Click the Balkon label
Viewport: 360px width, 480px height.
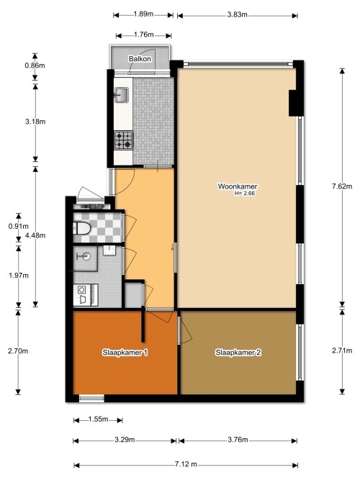click(x=140, y=59)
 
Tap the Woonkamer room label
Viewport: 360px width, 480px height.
click(x=238, y=186)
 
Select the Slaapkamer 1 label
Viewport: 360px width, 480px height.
click(x=125, y=353)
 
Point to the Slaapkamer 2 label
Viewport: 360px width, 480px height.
click(x=238, y=353)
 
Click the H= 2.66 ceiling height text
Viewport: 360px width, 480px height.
click(x=245, y=193)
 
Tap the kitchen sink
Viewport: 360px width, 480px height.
click(x=122, y=95)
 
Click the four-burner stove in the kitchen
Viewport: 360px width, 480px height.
click(x=123, y=140)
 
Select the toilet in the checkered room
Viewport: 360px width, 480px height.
click(x=82, y=228)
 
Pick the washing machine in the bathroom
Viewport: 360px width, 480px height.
click(x=82, y=295)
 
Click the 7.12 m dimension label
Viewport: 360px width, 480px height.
click(x=186, y=464)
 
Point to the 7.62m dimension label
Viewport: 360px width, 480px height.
click(x=342, y=186)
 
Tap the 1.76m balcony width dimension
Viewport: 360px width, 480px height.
click(x=144, y=35)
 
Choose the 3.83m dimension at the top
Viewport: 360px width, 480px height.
click(x=238, y=14)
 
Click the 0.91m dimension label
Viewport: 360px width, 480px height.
click(x=19, y=226)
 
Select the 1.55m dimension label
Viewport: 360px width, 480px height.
click(x=98, y=419)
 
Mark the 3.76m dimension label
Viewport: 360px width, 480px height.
click(x=238, y=440)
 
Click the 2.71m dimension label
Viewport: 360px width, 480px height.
click(x=342, y=350)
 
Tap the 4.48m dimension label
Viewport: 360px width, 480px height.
click(x=35, y=235)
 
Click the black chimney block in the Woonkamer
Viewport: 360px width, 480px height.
click(x=292, y=103)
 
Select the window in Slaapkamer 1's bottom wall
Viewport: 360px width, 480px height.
click(x=91, y=398)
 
